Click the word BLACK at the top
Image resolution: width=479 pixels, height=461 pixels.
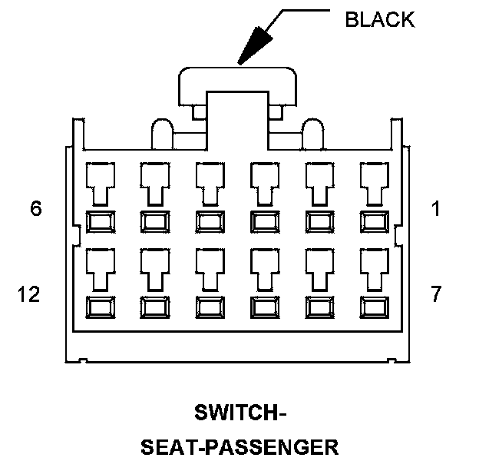tap(379, 20)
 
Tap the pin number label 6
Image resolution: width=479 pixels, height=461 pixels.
tap(36, 209)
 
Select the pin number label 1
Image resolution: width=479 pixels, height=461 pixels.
tap(436, 209)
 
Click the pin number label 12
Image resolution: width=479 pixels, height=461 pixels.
tap(28, 294)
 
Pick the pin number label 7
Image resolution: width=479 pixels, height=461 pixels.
tap(436, 294)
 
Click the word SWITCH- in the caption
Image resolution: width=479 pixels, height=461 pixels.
tap(239, 414)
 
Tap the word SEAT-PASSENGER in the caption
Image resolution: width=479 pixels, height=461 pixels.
tap(239, 446)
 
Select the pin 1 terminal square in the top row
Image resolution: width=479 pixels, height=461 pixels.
tap(374, 221)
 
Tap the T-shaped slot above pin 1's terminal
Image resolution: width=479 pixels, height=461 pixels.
tap(374, 183)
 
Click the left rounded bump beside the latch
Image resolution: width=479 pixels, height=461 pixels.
tap(162, 134)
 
